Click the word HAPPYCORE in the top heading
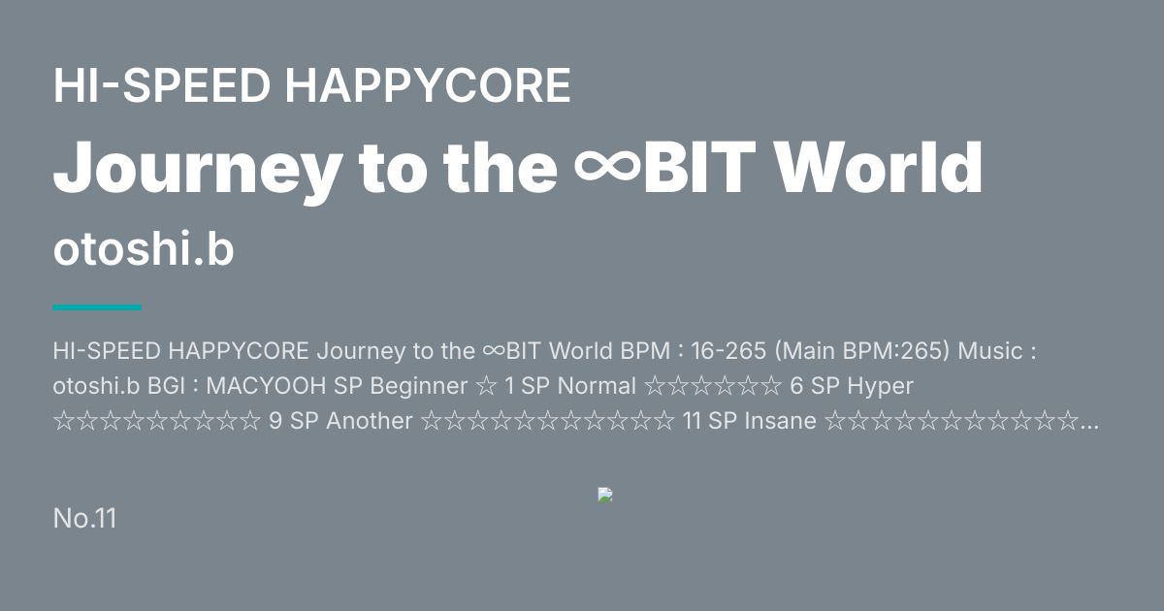pos(428,85)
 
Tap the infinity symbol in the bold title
pos(607,166)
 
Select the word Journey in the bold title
pos(198,170)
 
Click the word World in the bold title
pos(878,167)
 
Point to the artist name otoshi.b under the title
pos(144,248)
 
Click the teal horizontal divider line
pos(97,307)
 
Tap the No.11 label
pos(84,518)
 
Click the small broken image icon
pos(605,495)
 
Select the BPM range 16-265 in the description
pos(728,351)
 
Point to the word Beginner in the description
pos(418,386)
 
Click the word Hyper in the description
pos(880,387)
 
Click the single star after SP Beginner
pos(485,386)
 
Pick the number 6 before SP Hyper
pos(796,386)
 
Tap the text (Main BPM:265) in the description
pos(862,351)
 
